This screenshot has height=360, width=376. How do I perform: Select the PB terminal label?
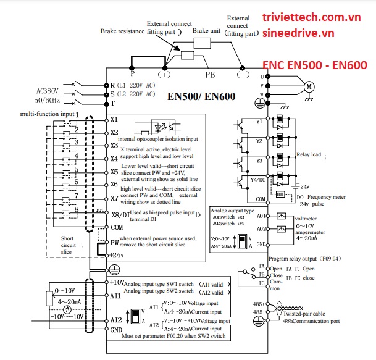tap(211, 75)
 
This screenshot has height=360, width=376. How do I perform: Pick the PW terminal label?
tap(114, 242)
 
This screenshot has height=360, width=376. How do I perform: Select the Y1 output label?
tap(260, 122)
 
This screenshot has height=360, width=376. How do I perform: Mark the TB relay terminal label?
tap(261, 275)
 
